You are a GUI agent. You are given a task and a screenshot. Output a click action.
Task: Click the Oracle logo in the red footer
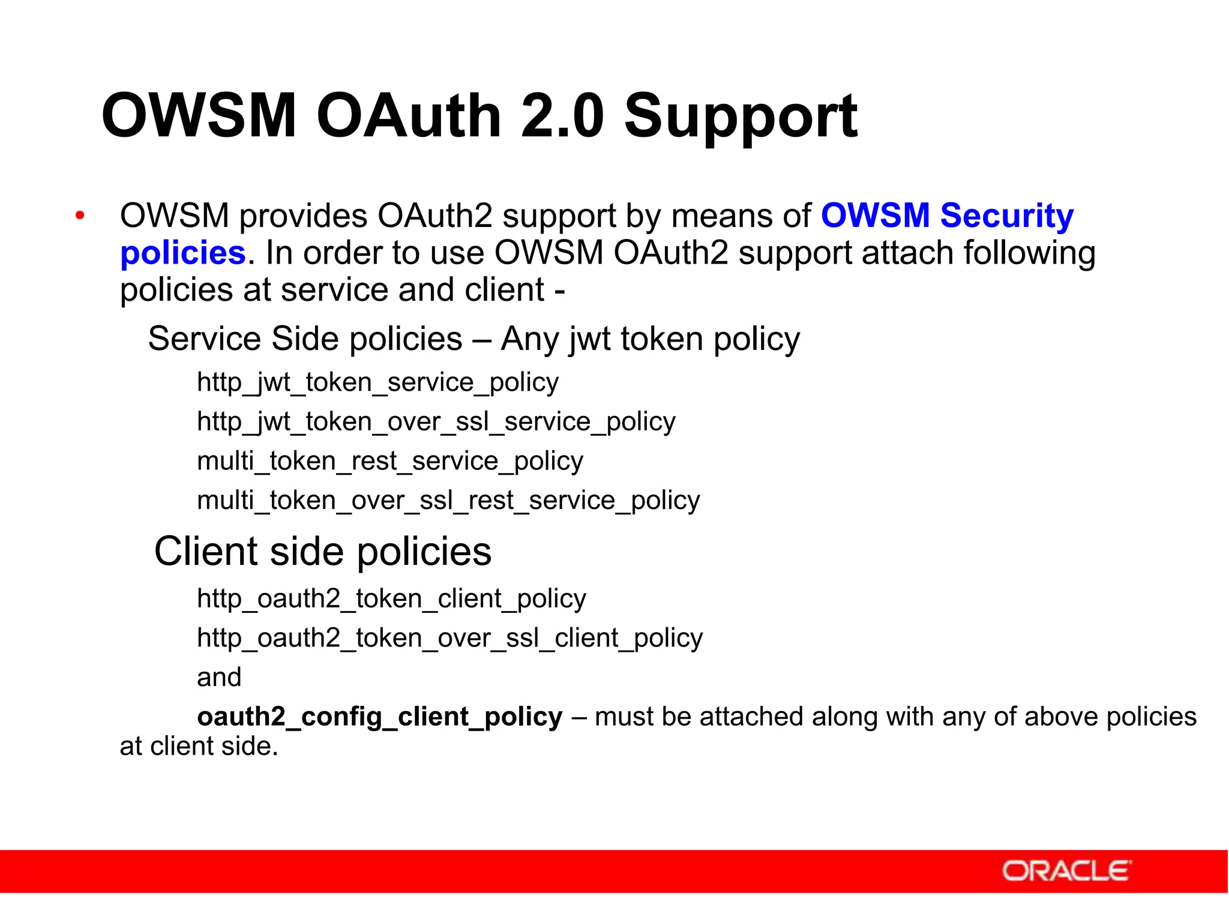(1066, 871)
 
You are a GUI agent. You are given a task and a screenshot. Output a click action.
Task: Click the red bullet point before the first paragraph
(80, 215)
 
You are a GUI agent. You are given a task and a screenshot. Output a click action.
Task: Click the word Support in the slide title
(741, 116)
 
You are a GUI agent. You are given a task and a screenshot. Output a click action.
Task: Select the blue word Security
(1006, 215)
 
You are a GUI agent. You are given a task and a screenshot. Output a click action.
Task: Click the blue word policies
(182, 253)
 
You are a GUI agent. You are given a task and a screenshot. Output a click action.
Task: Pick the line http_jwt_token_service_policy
(377, 382)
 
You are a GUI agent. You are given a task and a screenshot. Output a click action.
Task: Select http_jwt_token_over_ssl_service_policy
(436, 421)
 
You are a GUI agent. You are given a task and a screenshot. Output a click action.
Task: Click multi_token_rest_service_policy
(390, 461)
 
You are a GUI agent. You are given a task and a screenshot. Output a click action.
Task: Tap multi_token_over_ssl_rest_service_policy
(448, 500)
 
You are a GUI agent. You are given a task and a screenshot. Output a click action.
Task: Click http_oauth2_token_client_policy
(391, 598)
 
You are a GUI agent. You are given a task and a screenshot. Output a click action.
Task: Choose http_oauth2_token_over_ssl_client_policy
(449, 637)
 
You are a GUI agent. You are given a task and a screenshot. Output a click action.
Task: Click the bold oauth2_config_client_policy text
(379, 717)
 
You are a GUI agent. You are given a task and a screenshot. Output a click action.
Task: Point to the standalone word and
(219, 677)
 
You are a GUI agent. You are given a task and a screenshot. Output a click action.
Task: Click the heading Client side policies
(322, 551)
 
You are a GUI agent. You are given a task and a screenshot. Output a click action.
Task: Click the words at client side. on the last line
(199, 746)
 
